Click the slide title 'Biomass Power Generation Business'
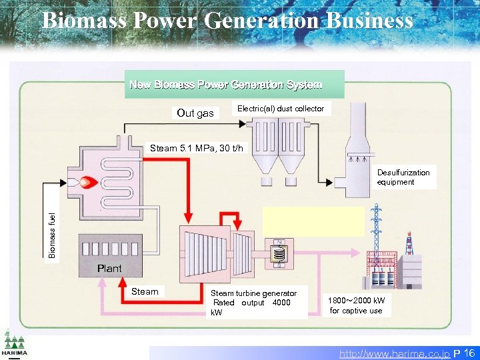click(227, 21)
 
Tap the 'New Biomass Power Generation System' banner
click(226, 85)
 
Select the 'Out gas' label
click(195, 113)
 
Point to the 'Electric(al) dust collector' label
click(281, 109)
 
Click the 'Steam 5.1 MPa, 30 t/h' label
click(197, 148)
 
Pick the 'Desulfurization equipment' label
click(403, 177)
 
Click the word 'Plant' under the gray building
click(109, 269)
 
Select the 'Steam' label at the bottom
click(145, 292)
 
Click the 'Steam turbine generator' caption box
click(253, 302)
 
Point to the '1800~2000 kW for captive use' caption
click(356, 305)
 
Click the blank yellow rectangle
click(314, 221)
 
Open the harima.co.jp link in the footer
click(394, 353)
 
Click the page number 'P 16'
click(464, 353)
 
